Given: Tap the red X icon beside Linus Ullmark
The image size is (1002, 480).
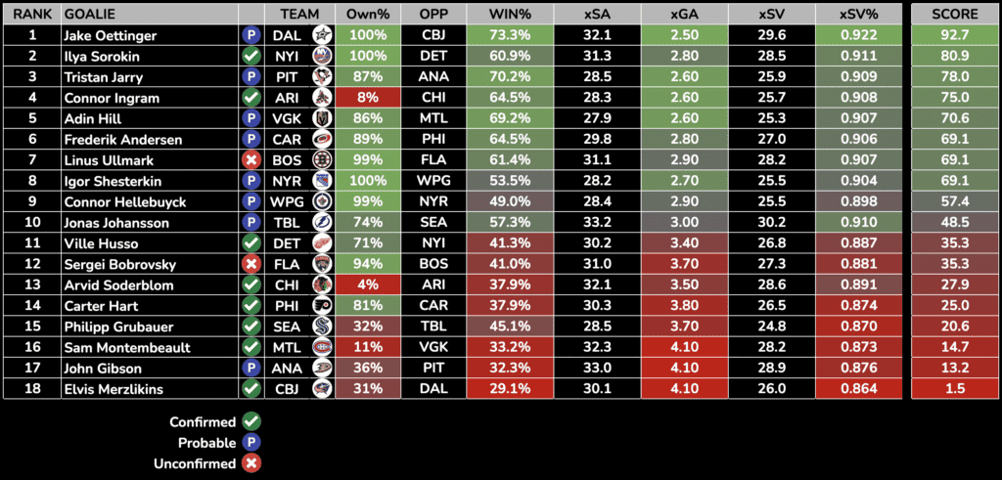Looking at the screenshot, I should click(x=250, y=160).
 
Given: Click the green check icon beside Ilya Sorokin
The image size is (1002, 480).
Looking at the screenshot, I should click(x=250, y=57).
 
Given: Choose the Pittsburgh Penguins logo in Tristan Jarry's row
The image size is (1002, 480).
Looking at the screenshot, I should click(x=320, y=77).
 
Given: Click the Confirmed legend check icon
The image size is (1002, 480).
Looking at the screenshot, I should click(x=250, y=421).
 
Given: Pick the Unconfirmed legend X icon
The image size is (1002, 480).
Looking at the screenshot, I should click(x=250, y=462).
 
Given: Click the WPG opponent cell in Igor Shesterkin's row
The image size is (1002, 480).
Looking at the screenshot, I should click(x=433, y=181).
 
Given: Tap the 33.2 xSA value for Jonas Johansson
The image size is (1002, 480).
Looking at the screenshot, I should click(x=597, y=222).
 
